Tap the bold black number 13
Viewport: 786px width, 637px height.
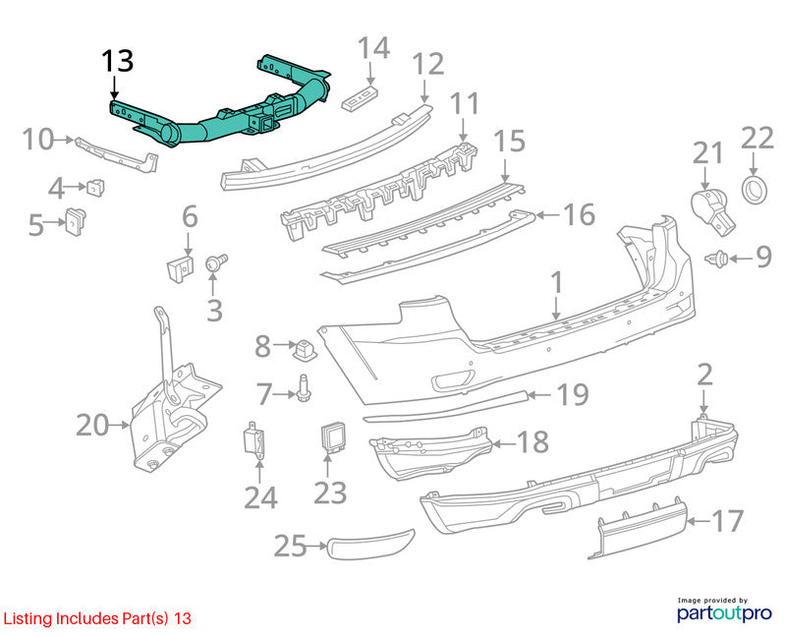[x=118, y=61]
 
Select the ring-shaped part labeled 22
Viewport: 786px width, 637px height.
[x=754, y=190]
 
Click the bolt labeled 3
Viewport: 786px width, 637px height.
[x=216, y=262]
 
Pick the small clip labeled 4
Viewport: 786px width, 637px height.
[x=95, y=187]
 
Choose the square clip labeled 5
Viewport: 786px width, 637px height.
[x=76, y=220]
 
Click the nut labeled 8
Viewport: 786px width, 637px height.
[x=305, y=349]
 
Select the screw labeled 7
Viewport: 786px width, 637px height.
[x=304, y=387]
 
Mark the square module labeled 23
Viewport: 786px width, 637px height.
[x=333, y=436]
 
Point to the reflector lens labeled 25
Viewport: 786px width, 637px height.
[x=371, y=544]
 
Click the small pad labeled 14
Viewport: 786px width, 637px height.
[x=360, y=97]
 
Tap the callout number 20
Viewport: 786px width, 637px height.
[x=92, y=426]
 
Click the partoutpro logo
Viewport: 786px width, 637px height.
[x=724, y=609]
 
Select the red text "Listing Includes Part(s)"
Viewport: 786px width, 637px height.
[x=85, y=618]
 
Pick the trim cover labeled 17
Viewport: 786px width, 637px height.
[x=638, y=527]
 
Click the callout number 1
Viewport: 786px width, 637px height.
[x=557, y=283]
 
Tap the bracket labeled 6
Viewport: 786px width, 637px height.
[x=180, y=268]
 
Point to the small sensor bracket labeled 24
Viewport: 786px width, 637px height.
[x=254, y=439]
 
